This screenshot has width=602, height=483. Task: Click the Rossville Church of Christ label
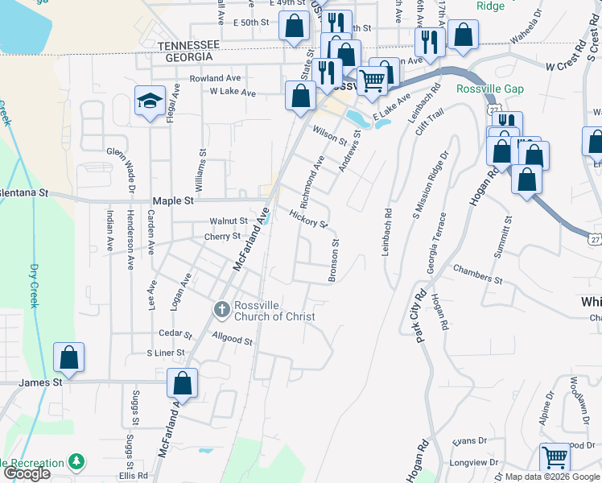pos(274,311)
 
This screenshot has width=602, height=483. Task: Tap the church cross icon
pos(221,308)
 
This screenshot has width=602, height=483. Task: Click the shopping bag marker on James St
pos(69,358)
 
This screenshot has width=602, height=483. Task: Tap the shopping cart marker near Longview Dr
pos(555,457)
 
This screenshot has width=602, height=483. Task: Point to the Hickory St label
pos(309,217)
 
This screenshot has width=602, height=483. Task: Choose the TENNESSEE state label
pos(189,45)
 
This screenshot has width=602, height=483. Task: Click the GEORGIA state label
pos(186,57)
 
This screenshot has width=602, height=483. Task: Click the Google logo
pos(27,473)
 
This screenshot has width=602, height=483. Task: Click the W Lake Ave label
pos(232,93)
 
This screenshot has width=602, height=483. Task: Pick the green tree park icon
pos(76,462)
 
